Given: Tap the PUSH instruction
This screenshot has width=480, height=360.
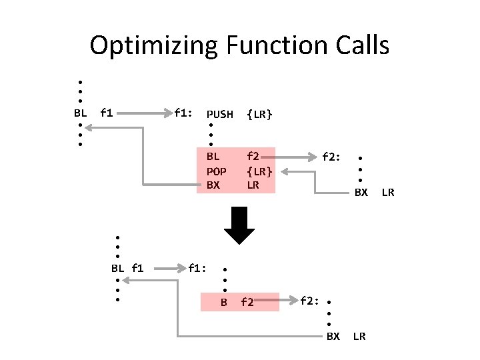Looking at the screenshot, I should click(220, 115).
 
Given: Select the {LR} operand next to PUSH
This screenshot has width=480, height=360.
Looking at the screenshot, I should click(259, 115).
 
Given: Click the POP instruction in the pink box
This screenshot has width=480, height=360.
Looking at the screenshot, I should click(214, 171).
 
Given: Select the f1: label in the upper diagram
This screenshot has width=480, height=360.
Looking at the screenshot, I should click(183, 113).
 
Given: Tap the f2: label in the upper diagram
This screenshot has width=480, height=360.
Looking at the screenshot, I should click(331, 158).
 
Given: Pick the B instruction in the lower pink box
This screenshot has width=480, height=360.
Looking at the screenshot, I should click(225, 303).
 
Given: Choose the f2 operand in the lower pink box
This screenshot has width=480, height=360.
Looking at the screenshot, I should click(247, 303).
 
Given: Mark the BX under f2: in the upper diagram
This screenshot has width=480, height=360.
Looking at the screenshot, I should click(361, 193).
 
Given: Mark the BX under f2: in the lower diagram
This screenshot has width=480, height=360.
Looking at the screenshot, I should click(333, 336).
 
